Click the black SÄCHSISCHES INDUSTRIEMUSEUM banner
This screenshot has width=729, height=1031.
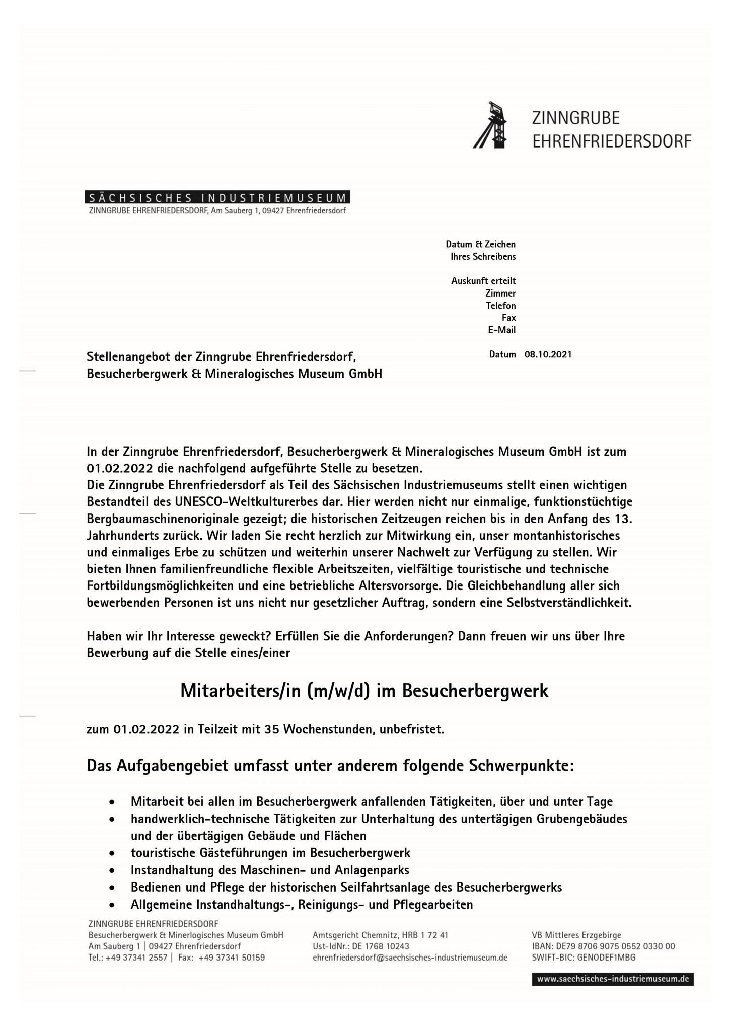217,197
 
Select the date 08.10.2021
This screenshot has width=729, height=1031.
548,354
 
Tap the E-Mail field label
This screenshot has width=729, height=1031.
501,330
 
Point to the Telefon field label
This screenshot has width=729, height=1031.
500,306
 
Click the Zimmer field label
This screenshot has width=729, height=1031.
500,293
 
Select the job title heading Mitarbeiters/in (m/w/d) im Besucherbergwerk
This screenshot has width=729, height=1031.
364,691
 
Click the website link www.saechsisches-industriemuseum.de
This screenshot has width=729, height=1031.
612,979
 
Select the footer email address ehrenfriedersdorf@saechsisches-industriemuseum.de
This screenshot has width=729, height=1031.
410,958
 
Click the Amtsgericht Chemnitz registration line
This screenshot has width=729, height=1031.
380,935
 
